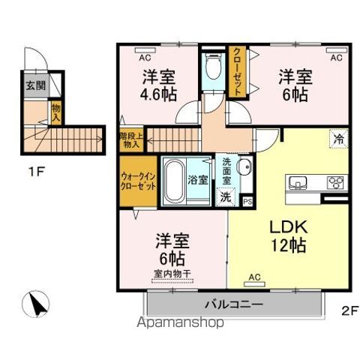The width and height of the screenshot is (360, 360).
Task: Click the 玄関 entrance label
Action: (x=34, y=85)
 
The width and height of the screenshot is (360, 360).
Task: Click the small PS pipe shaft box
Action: (x=247, y=201)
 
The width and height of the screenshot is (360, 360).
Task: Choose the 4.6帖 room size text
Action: (x=159, y=95)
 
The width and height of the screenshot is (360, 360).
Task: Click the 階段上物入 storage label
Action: (x=131, y=140)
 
